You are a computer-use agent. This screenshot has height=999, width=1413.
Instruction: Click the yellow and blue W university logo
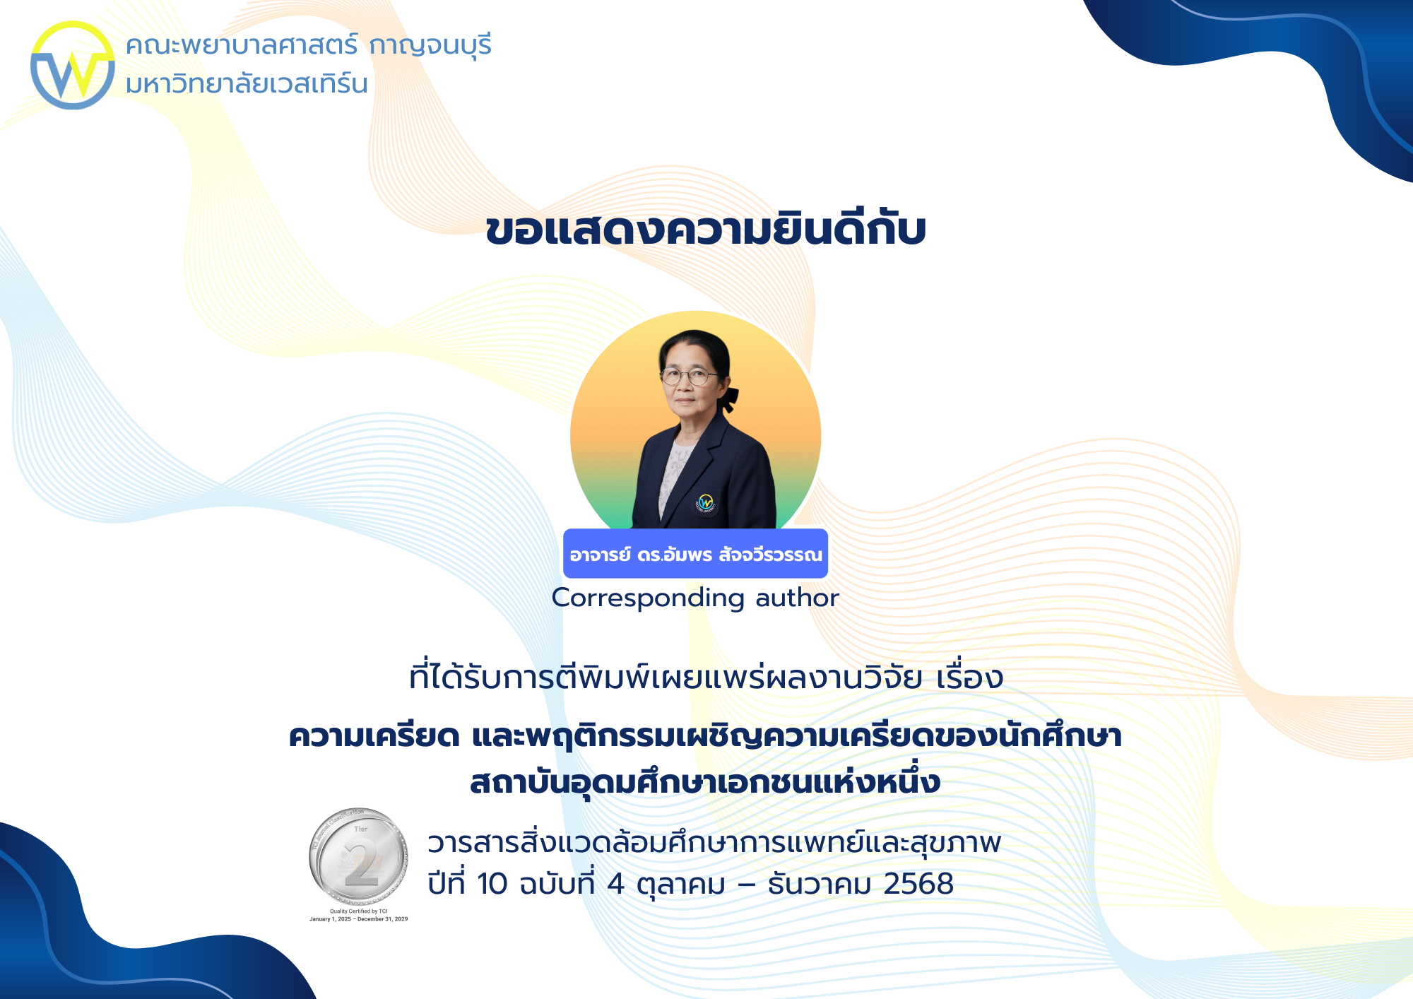[x=72, y=65]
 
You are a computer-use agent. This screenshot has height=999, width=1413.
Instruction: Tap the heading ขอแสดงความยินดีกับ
[x=706, y=230]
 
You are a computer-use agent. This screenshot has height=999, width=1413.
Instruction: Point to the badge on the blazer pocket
[x=705, y=503]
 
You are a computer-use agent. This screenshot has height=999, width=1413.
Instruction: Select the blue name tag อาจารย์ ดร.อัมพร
[x=695, y=554]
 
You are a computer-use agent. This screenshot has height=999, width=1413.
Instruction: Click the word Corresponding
[x=647, y=598]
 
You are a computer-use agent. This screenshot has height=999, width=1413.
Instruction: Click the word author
[x=797, y=598]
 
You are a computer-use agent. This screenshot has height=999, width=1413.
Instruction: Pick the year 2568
[x=918, y=884]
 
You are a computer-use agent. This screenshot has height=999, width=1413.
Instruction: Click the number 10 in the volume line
[x=492, y=884]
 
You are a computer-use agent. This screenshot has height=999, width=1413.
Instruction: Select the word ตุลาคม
[x=681, y=884]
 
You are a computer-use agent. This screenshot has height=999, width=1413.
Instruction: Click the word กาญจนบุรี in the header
[x=430, y=46]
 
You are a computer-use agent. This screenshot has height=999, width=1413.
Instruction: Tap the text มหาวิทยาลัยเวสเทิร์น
[x=247, y=84]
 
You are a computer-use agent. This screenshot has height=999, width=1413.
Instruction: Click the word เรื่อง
[x=969, y=677]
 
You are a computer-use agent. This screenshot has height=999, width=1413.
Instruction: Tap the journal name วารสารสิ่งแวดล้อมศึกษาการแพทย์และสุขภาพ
[x=714, y=843]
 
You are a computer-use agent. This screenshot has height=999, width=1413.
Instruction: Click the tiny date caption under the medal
[x=359, y=919]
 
